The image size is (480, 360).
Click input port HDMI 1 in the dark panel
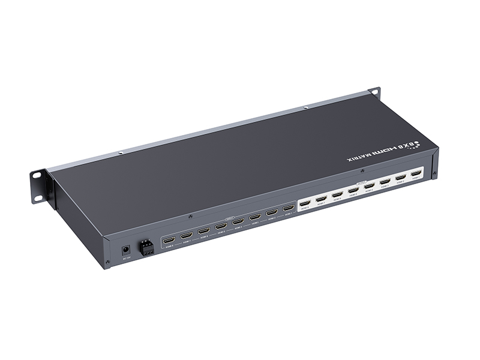(x=289, y=208)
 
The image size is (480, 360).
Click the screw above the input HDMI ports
(x=190, y=215)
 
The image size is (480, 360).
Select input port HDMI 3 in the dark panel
(x=255, y=217)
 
